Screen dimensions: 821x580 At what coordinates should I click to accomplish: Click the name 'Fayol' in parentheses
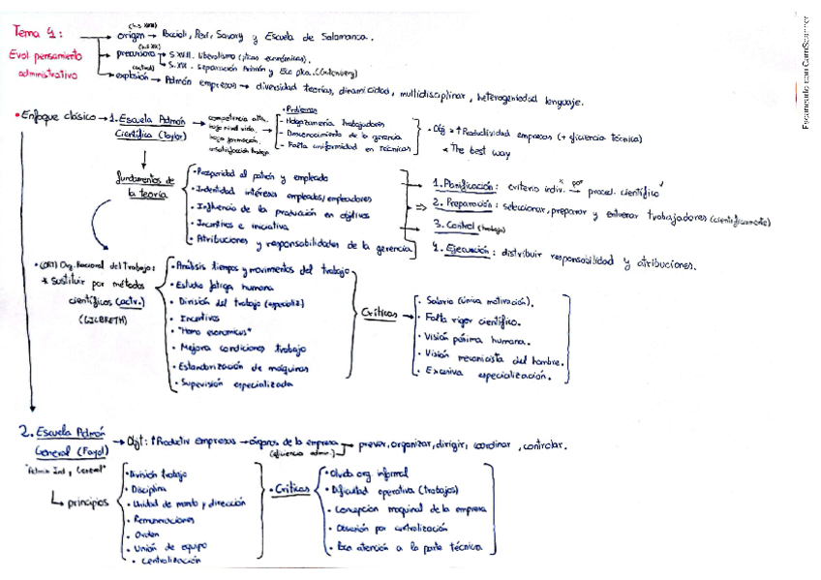83,452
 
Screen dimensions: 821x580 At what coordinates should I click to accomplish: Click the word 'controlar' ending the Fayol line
544,446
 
